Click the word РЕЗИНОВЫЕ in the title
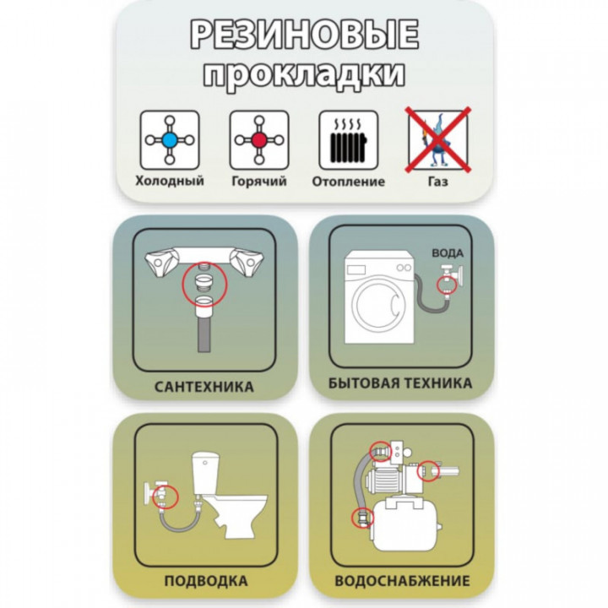coord(304,34)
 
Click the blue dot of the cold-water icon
coord(170,140)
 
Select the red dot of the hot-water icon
coord(259,140)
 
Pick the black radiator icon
coord(349,144)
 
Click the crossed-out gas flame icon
coord(438,139)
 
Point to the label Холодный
coord(170,181)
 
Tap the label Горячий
coord(259,181)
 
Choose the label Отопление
coord(349,182)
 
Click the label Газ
coord(438,182)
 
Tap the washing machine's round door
coord(377,305)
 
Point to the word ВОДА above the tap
coord(448,253)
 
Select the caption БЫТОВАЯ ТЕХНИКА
coord(400,383)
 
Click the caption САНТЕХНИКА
coord(204,387)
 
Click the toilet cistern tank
coord(207,473)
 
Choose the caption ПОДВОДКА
coord(206,581)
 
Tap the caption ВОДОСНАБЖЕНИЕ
coord(403,581)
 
